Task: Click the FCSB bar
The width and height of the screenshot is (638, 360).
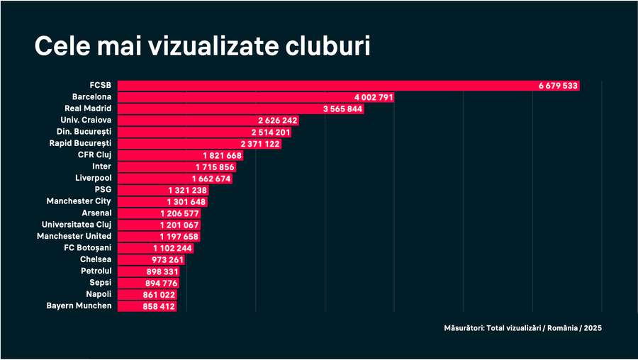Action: (x=326, y=86)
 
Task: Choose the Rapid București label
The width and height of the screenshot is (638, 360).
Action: (x=83, y=143)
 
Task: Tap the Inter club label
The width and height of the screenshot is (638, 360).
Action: (x=101, y=167)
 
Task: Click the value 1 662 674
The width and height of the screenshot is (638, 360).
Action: (x=211, y=178)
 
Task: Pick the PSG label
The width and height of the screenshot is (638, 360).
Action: (x=103, y=190)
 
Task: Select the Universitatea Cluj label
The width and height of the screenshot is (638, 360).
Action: (x=77, y=224)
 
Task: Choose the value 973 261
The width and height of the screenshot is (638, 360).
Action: (x=167, y=259)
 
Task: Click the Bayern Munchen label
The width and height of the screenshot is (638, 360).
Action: (x=79, y=305)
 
